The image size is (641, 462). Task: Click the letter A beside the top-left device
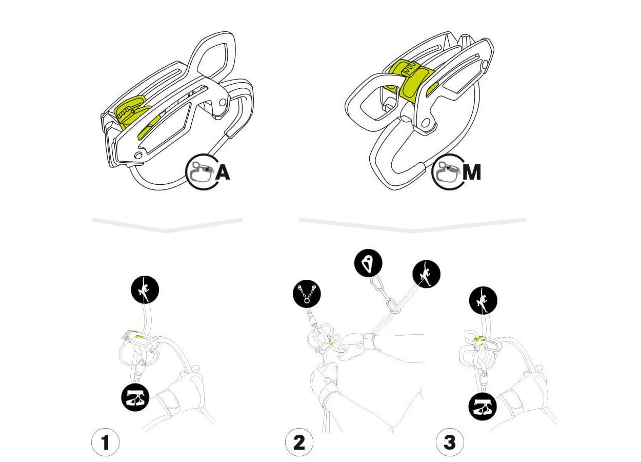(x=223, y=173)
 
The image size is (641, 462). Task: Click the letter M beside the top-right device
(x=471, y=173)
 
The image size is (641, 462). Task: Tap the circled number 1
(x=105, y=442)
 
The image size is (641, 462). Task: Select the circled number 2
(x=299, y=442)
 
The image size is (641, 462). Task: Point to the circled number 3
(x=450, y=442)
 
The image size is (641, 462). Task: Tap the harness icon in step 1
(x=135, y=397)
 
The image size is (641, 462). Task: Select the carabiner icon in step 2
(x=368, y=264)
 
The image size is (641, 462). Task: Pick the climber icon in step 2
(x=426, y=274)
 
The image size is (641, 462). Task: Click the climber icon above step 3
(x=483, y=301)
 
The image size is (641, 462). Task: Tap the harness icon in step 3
(x=483, y=407)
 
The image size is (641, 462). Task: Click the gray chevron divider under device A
(x=167, y=225)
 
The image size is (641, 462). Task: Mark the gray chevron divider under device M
(x=413, y=225)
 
